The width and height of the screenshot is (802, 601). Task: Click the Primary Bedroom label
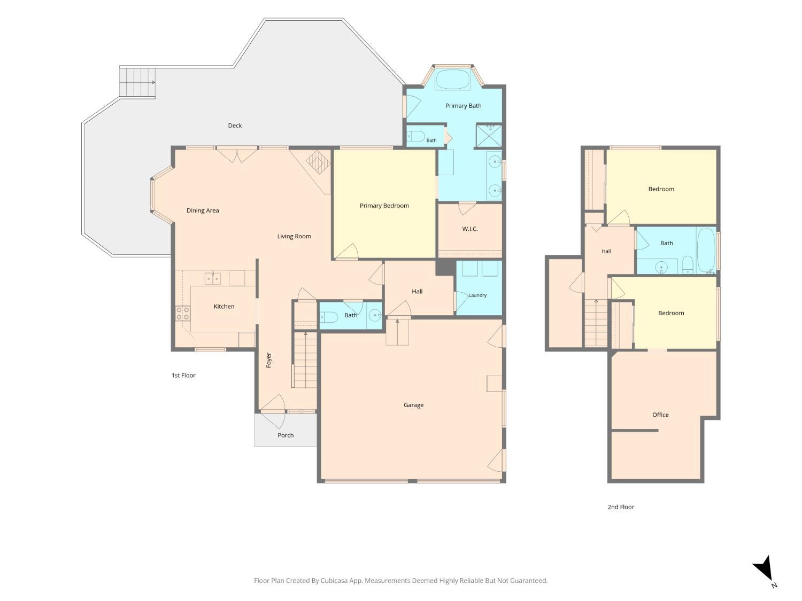(x=384, y=206)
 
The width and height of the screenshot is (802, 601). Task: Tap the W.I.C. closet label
(x=470, y=229)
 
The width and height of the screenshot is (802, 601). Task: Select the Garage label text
(x=414, y=405)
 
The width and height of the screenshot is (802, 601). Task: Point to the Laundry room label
(x=477, y=295)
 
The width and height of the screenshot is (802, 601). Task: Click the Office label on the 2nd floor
(x=660, y=415)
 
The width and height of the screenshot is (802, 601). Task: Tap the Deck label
(x=235, y=126)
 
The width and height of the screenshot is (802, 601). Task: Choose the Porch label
(x=286, y=435)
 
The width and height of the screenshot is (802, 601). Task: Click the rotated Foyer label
(x=269, y=360)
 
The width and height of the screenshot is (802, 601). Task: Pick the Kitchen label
(x=224, y=307)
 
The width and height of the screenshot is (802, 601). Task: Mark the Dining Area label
(x=203, y=210)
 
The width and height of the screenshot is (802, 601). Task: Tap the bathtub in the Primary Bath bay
(x=453, y=80)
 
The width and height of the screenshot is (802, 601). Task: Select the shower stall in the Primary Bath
(x=489, y=136)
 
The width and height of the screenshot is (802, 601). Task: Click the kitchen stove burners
(x=183, y=314)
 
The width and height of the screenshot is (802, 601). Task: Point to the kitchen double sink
(x=212, y=279)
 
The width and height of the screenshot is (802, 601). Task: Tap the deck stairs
(x=137, y=82)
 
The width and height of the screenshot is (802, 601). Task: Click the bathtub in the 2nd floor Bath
(x=706, y=251)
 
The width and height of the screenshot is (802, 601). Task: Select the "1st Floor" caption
(x=183, y=376)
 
